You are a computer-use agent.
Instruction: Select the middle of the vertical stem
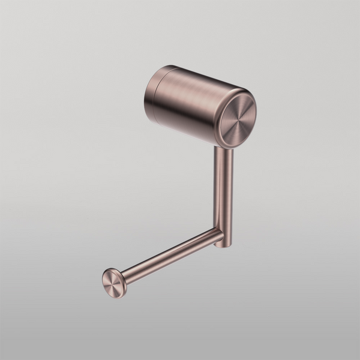(x=223, y=192)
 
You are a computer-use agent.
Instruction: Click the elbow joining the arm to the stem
(x=221, y=238)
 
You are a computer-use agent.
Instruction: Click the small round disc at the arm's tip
(x=115, y=282)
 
